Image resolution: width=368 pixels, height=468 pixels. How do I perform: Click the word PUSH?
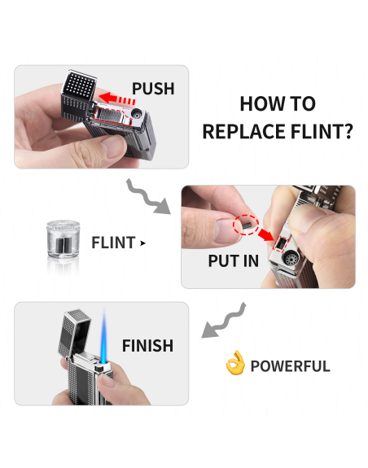[153, 89]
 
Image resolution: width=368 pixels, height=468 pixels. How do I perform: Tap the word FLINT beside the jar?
[113, 243]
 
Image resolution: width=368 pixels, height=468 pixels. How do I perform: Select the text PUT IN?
[234, 261]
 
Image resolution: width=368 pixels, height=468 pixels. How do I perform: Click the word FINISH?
[147, 346]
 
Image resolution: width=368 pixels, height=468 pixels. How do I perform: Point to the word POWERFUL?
[290, 366]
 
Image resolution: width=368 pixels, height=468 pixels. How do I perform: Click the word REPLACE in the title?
[243, 132]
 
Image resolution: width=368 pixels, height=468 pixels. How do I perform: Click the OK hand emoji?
[235, 363]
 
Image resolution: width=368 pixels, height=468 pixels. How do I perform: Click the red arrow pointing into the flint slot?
[265, 234]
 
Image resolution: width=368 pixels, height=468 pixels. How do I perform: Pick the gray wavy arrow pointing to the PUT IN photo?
[147, 197]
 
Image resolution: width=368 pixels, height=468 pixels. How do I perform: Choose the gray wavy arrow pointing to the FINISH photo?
[224, 321]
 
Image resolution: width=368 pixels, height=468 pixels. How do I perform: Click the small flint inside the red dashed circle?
[247, 225]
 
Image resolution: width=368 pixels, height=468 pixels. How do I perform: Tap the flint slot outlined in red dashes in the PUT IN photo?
[281, 243]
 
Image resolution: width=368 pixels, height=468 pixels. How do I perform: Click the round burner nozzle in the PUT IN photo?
[291, 259]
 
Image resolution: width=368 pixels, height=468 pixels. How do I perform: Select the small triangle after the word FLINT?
[143, 243]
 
